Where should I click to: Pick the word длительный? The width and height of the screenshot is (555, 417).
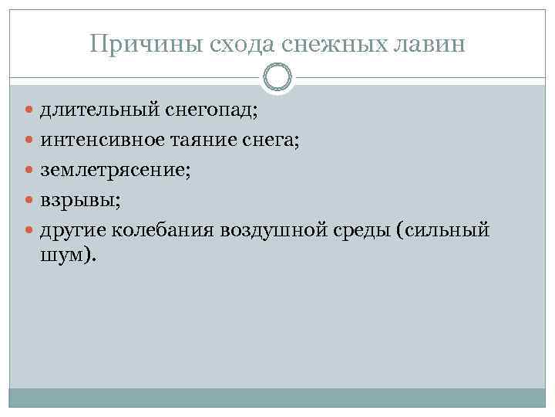tap(100, 110)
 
